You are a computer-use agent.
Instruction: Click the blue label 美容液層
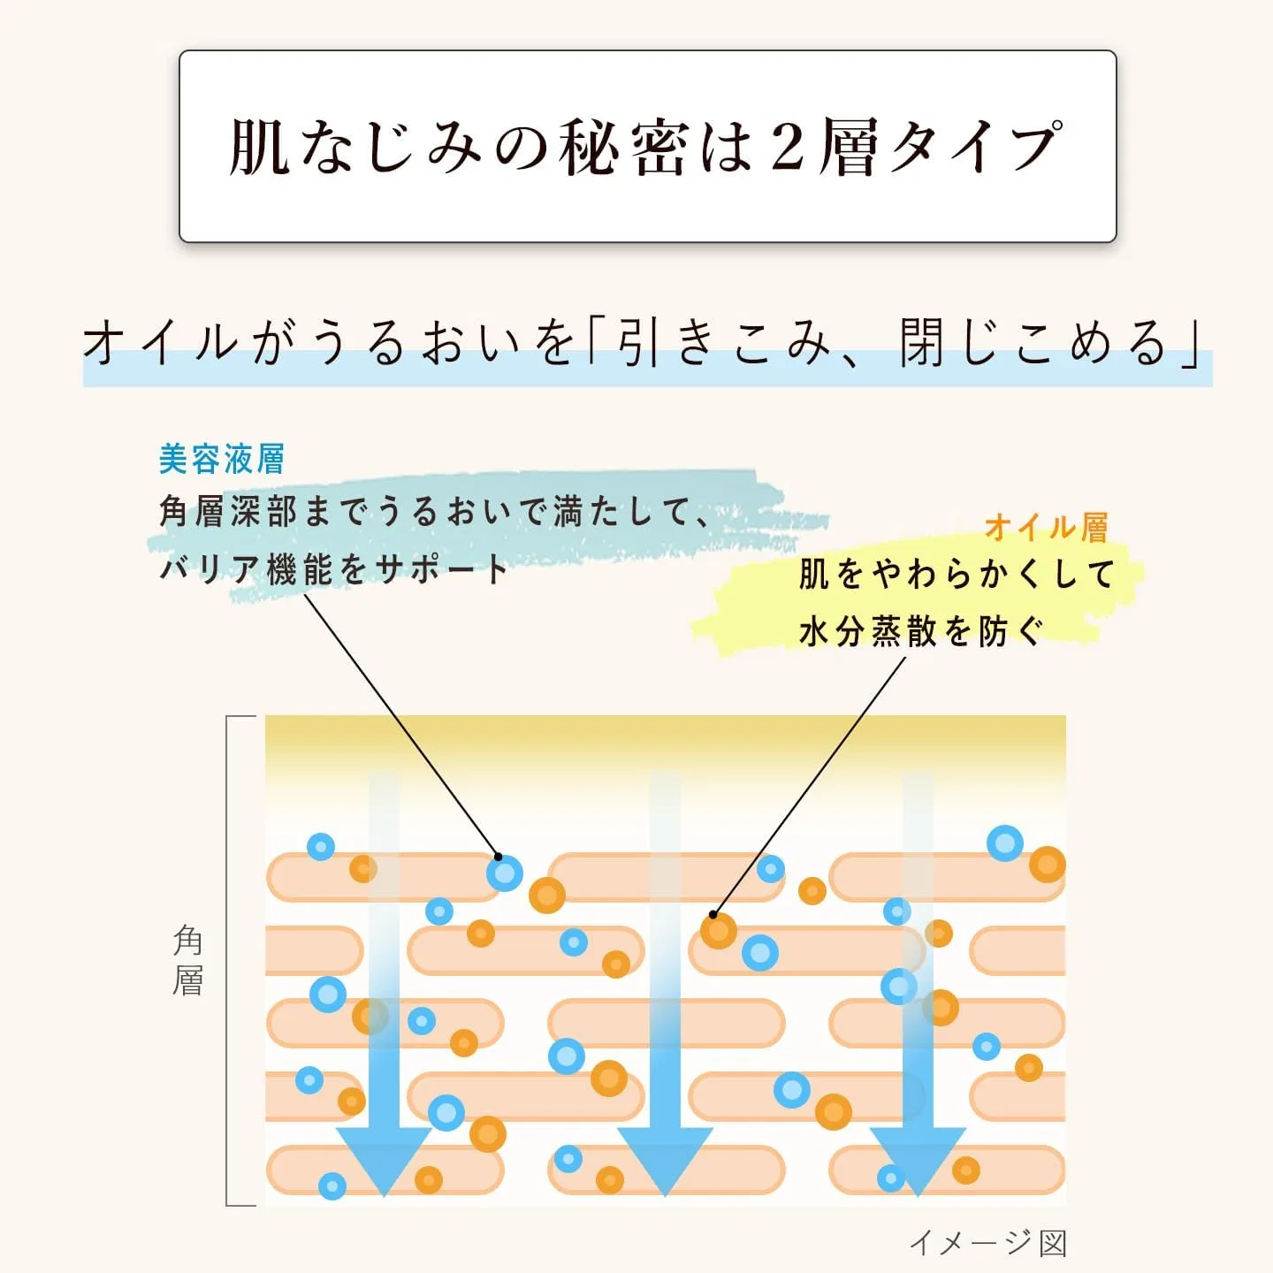click(x=222, y=459)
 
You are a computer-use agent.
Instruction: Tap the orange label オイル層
click(x=1047, y=528)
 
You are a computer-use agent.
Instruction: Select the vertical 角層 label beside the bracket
click(x=187, y=960)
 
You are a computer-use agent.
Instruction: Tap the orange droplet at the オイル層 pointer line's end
click(x=719, y=931)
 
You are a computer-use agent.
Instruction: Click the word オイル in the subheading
click(x=159, y=343)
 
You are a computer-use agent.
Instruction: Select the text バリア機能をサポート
click(x=334, y=568)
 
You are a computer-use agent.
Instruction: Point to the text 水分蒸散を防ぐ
click(x=921, y=632)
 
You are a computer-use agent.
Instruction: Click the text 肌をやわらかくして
click(x=957, y=574)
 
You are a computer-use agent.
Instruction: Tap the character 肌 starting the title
click(x=259, y=147)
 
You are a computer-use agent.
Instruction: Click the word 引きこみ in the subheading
click(x=722, y=343)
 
